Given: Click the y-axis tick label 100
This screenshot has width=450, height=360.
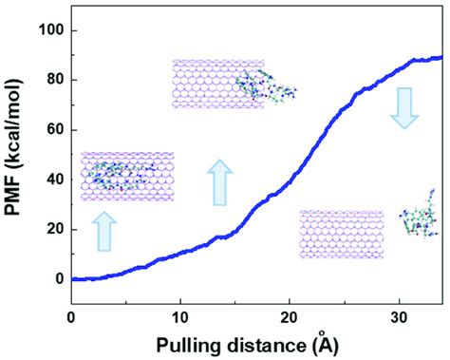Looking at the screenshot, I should [48, 30].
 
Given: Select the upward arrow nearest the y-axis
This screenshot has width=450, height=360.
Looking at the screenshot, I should [104, 231].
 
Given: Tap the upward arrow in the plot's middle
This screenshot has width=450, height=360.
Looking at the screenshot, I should [218, 182].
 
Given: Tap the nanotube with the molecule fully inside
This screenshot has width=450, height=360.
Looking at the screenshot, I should [127, 177].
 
